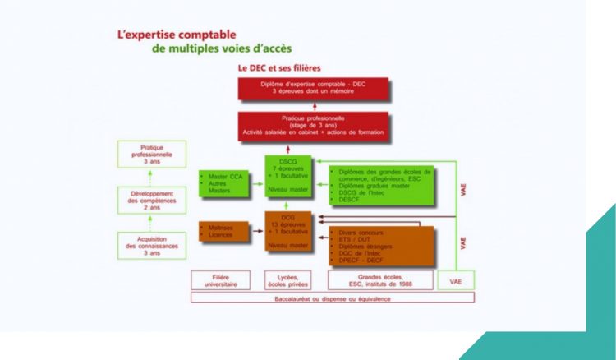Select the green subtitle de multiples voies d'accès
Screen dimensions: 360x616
pyautogui.click(x=221, y=49)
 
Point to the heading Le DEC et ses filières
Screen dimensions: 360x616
pyautogui.click(x=278, y=67)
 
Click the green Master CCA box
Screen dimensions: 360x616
pyautogui.click(x=223, y=182)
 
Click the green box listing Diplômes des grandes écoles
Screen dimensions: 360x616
pyautogui.click(x=381, y=186)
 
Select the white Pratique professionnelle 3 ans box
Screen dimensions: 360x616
pyautogui.click(x=151, y=155)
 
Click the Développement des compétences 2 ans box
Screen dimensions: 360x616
pyautogui.click(x=151, y=198)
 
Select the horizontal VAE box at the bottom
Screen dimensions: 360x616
pyautogui.click(x=457, y=280)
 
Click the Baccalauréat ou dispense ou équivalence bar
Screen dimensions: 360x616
pyautogui.click(x=332, y=298)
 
